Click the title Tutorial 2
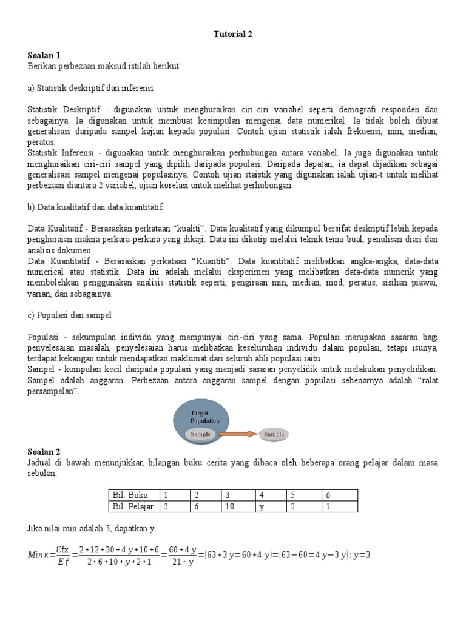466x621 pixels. point(232,34)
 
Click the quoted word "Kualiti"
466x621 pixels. point(189,228)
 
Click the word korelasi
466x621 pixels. point(171,186)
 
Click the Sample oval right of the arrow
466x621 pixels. point(274,434)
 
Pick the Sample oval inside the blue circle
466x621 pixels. point(200,434)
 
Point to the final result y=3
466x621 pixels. point(362,554)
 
